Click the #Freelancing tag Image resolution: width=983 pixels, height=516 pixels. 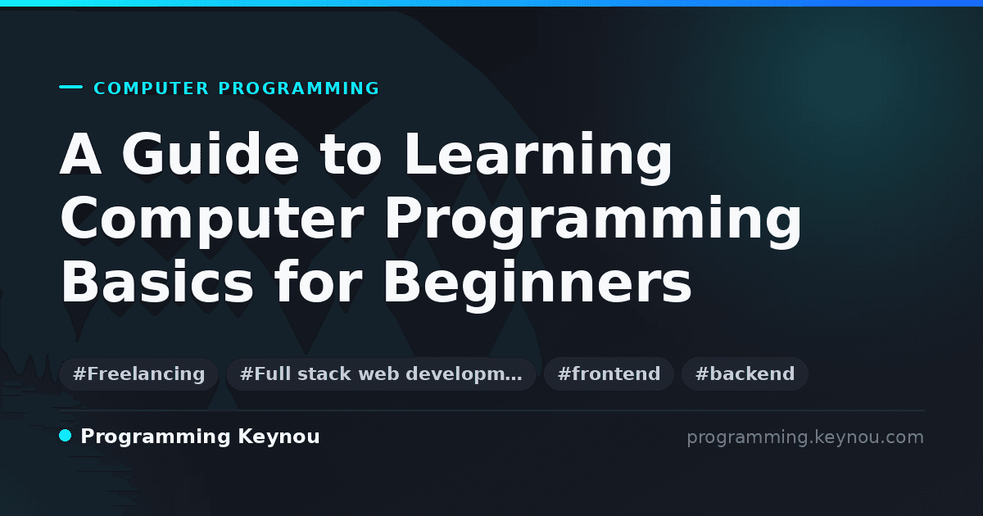(x=138, y=373)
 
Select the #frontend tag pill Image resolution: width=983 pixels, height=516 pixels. (x=609, y=373)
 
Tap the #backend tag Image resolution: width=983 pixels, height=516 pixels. (x=745, y=373)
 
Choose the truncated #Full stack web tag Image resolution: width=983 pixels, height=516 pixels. (x=381, y=373)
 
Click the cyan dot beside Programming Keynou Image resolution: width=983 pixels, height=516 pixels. (x=65, y=436)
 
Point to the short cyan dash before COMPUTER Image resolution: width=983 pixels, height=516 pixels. (x=70, y=87)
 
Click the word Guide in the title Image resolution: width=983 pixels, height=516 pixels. (x=211, y=154)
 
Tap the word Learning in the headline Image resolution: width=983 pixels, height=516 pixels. (x=537, y=158)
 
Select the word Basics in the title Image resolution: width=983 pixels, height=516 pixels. (x=156, y=282)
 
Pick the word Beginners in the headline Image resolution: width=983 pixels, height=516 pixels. (x=537, y=285)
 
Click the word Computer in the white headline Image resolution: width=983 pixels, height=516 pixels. (x=211, y=222)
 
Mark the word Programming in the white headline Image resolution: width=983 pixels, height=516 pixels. (x=593, y=222)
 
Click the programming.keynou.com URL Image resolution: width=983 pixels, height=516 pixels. (x=805, y=437)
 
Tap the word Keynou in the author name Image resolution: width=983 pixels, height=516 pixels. (x=279, y=437)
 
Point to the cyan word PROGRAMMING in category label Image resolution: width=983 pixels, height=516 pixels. (x=298, y=88)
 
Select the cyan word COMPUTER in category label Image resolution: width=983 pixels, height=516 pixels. (x=151, y=88)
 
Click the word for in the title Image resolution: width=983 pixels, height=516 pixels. (x=318, y=281)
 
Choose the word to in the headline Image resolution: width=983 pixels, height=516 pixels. (x=351, y=155)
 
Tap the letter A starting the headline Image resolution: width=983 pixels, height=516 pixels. (x=80, y=154)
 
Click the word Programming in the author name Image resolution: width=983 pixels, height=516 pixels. (x=156, y=437)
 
